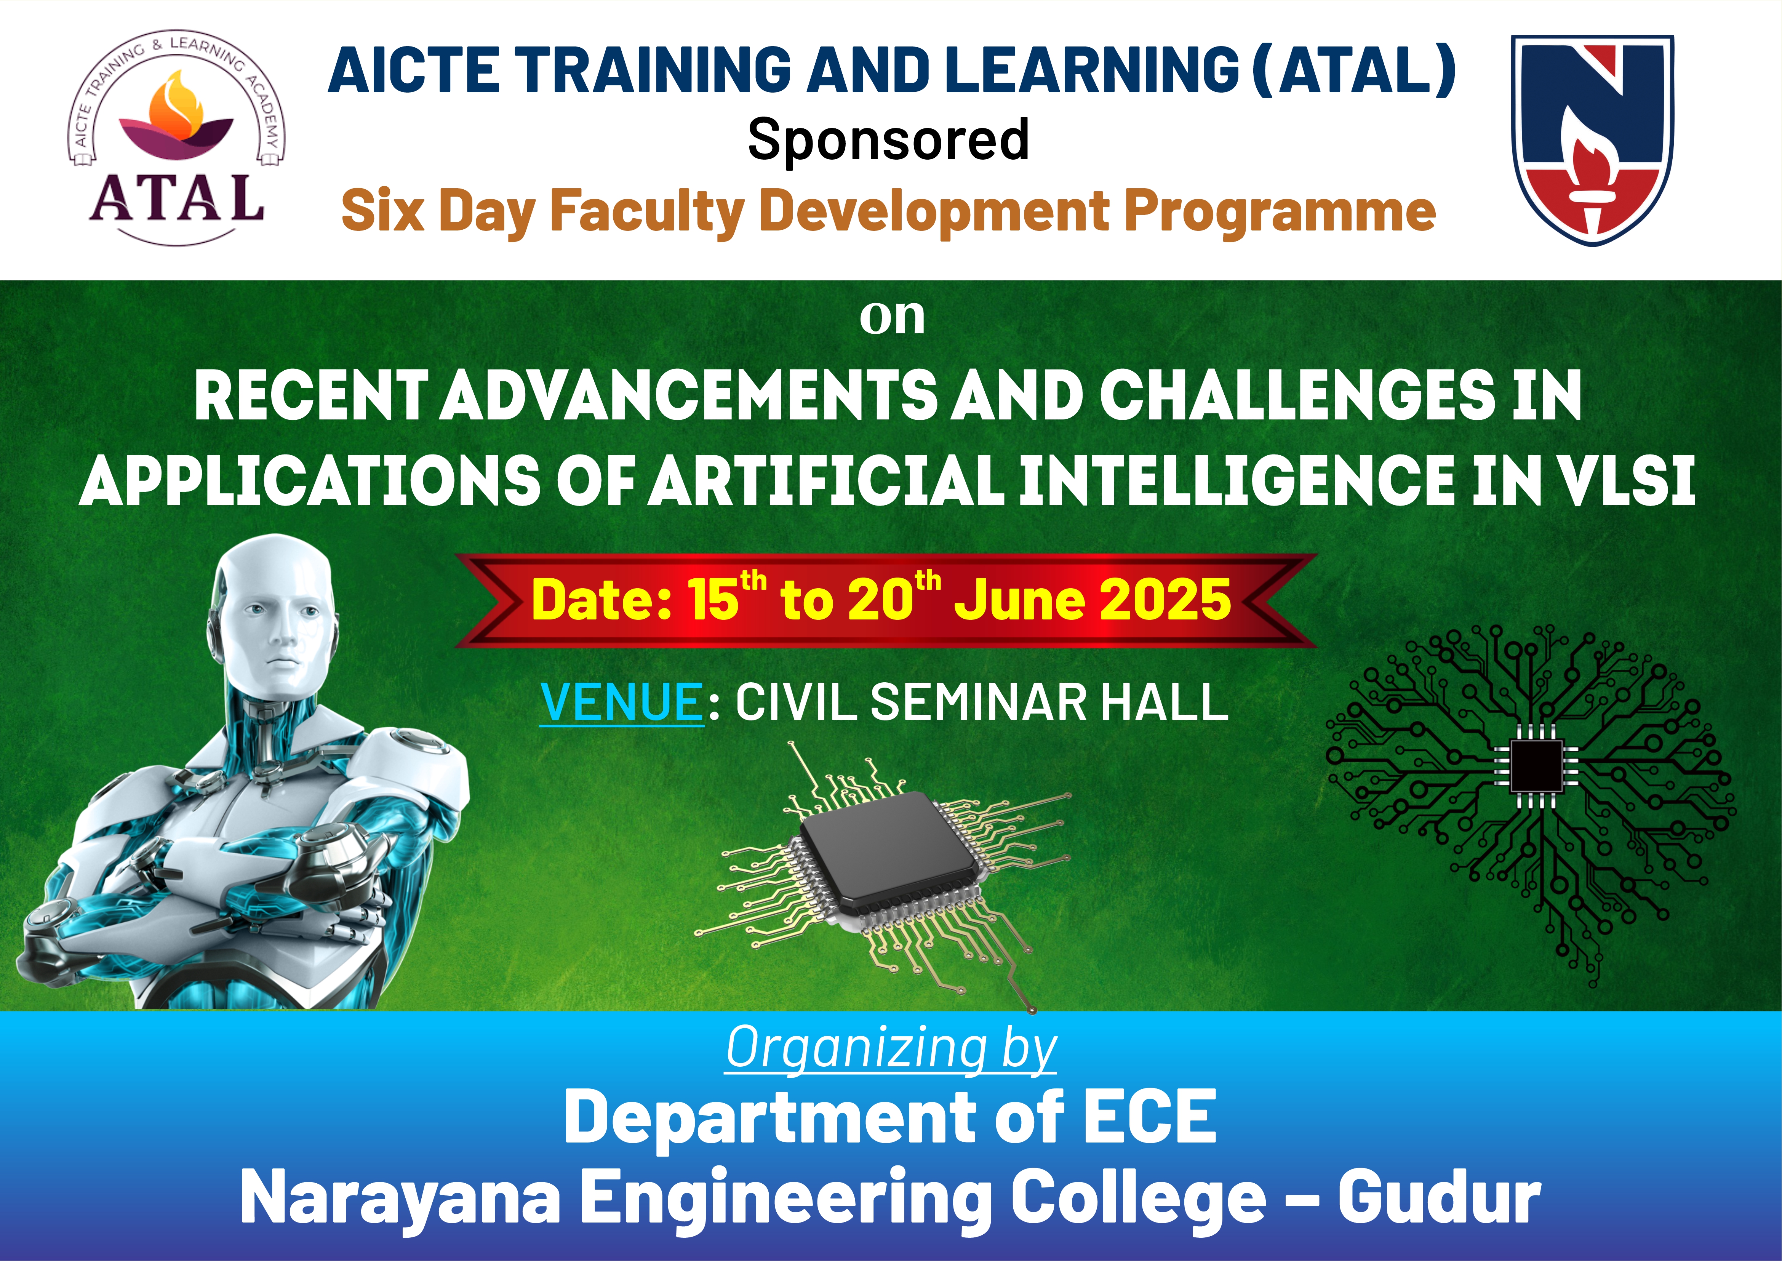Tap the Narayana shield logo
click(x=1592, y=140)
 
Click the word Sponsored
click(x=888, y=140)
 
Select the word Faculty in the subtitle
click(x=648, y=211)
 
